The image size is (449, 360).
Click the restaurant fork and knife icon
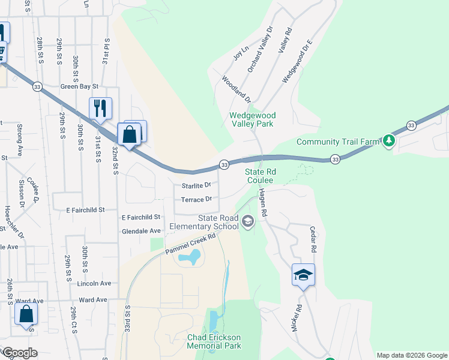(x=100, y=109)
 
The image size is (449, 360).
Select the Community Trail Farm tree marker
(x=390, y=142)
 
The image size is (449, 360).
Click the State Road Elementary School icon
(x=247, y=223)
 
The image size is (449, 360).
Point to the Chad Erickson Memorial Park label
(x=214, y=341)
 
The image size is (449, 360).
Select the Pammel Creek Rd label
(x=191, y=244)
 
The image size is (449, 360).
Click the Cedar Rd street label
(x=312, y=239)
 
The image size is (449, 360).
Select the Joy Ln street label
(x=240, y=53)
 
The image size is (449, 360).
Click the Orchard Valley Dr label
(x=260, y=50)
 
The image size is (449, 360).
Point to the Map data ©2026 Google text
(x=411, y=355)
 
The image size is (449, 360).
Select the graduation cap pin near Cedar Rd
(x=303, y=275)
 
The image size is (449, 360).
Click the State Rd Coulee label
(x=259, y=176)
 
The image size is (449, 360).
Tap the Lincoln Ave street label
(x=94, y=283)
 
